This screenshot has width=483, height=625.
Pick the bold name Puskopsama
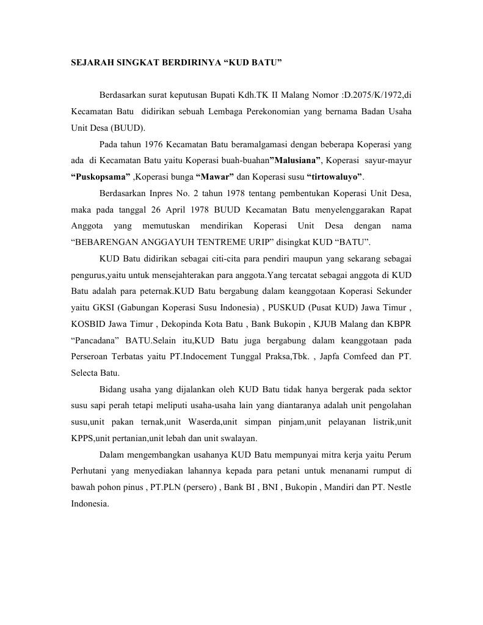[100, 177]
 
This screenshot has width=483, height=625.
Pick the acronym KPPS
[83, 437]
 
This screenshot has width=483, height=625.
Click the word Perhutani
[91, 470]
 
